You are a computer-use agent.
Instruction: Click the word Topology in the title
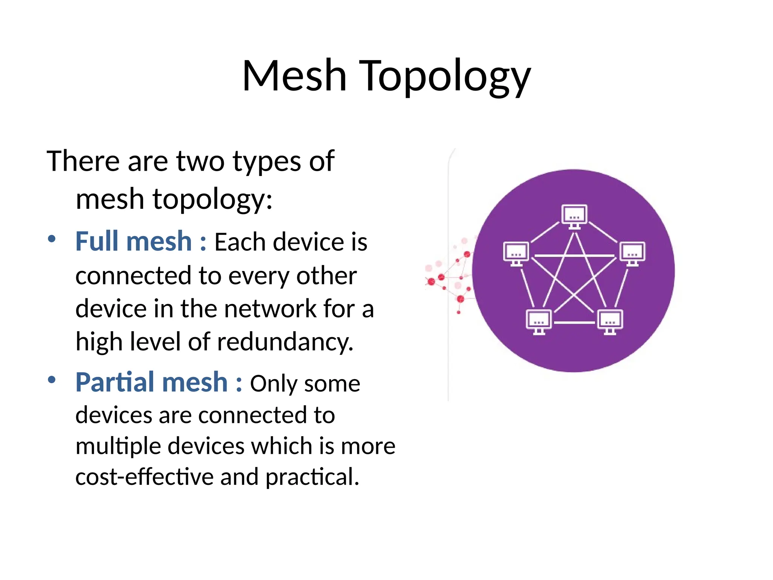[x=446, y=77]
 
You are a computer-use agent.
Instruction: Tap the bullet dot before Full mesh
[x=52, y=239]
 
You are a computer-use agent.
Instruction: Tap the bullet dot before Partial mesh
[x=52, y=380]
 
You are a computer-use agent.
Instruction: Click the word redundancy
[x=285, y=342]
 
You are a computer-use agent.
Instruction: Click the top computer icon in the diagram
[x=574, y=216]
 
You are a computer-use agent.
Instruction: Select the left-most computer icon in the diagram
[x=516, y=253]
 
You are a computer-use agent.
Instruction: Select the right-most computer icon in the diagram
[x=633, y=253]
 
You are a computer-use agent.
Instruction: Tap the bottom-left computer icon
[x=539, y=322]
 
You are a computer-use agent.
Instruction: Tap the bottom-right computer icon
[x=610, y=322]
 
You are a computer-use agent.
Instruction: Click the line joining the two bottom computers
[x=574, y=323]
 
